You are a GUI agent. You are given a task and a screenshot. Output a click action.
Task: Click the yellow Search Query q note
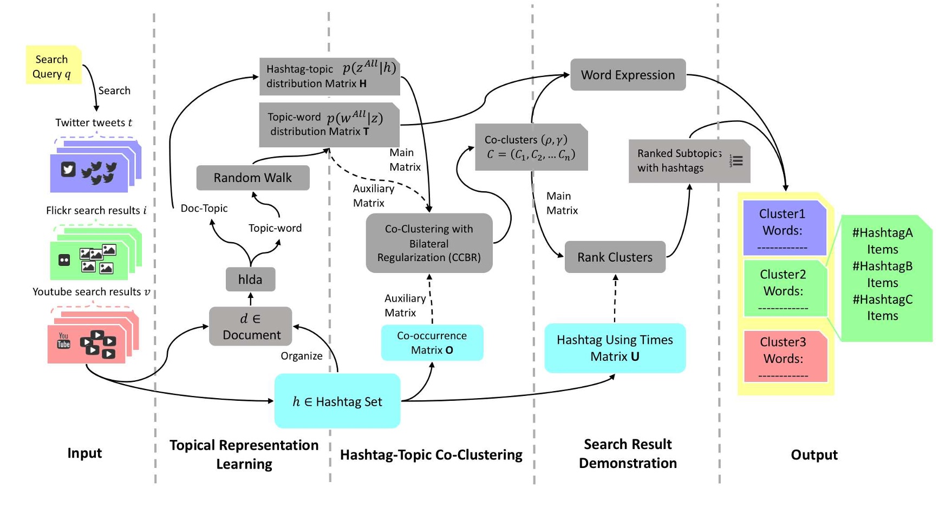[x=53, y=66]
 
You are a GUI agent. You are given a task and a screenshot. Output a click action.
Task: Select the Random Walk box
[x=252, y=178]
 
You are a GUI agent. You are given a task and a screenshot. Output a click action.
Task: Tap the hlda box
[x=250, y=279]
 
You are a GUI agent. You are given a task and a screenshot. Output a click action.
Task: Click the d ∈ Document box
[x=251, y=327]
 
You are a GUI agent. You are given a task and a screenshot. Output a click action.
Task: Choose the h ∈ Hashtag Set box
[x=337, y=401]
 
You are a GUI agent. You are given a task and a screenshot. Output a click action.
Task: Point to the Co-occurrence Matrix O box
[x=432, y=343]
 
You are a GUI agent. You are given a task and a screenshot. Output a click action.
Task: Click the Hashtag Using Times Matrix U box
[x=615, y=348]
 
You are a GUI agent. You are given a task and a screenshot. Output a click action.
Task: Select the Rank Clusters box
[x=615, y=257]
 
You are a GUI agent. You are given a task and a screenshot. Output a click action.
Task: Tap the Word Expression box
[x=628, y=75]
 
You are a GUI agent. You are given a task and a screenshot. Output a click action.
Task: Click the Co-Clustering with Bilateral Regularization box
[x=429, y=243]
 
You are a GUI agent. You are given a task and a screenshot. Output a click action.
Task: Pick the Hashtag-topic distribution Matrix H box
[x=329, y=76]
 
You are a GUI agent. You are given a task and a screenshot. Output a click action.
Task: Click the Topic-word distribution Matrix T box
[x=329, y=125]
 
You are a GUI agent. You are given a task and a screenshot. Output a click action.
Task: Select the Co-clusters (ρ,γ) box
[x=531, y=147]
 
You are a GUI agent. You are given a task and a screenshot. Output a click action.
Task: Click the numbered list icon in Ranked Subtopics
[x=736, y=161]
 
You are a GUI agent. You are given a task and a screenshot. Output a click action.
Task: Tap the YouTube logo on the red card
[x=64, y=340]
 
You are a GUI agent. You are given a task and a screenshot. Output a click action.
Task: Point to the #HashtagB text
[x=882, y=266]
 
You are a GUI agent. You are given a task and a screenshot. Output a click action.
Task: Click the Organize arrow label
[x=301, y=356]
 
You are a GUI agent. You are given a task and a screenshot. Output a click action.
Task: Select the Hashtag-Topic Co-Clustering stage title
[x=431, y=455]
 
